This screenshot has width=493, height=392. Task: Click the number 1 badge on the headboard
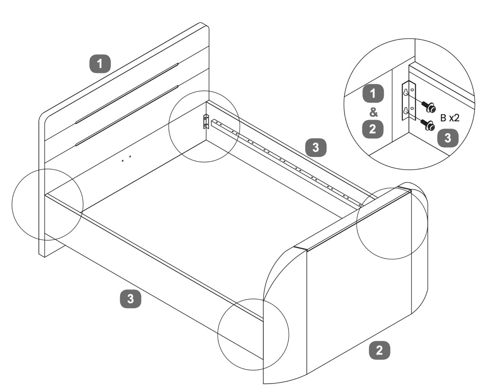click(100, 64)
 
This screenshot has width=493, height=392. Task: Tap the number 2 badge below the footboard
click(379, 350)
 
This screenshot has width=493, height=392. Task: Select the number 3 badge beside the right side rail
click(316, 147)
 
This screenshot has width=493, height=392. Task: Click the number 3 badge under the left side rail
click(130, 299)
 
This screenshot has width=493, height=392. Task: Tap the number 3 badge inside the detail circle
click(448, 138)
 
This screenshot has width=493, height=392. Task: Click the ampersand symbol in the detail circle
click(373, 112)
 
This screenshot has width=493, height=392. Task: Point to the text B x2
click(449, 118)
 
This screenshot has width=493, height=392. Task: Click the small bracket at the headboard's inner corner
click(206, 122)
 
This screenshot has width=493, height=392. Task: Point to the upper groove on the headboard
click(127, 94)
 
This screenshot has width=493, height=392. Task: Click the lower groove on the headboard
click(127, 115)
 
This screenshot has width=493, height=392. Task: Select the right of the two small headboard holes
click(130, 157)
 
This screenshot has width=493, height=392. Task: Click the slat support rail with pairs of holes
click(286, 162)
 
